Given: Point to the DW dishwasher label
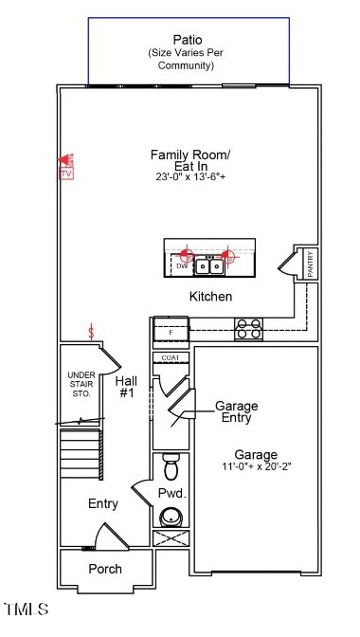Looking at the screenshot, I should [x=180, y=267].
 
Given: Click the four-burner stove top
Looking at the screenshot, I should [x=248, y=329].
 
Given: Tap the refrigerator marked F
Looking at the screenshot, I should [x=171, y=333].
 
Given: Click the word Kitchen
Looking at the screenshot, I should [x=210, y=297].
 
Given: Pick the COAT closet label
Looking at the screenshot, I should [x=171, y=357].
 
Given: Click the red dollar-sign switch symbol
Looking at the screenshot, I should [x=91, y=332].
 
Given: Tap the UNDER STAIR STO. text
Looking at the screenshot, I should [x=81, y=384].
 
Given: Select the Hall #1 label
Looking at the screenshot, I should [x=127, y=386].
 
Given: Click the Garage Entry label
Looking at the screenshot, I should [x=236, y=411].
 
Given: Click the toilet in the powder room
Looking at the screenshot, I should [x=171, y=467].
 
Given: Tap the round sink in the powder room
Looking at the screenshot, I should [x=171, y=517].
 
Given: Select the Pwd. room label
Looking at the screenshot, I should [x=171, y=493].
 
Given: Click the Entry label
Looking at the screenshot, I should [x=103, y=503].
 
